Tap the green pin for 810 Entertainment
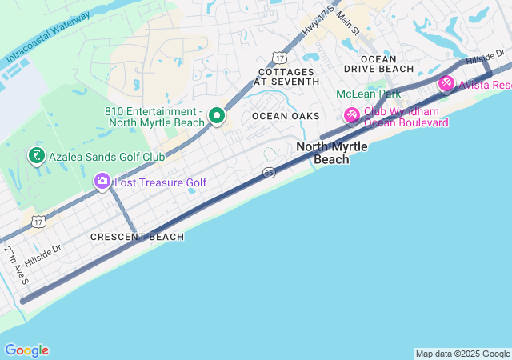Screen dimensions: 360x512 click(216, 116)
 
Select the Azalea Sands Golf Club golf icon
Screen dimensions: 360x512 click(36, 155)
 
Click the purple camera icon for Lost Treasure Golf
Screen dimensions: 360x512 click(102, 182)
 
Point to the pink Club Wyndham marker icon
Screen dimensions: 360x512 click(351, 116)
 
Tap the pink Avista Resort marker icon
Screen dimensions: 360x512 click(446, 83)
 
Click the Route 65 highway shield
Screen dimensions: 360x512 click(269, 173)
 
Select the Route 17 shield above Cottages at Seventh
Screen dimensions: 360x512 click(278, 58)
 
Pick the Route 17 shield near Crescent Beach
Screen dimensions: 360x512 click(39, 220)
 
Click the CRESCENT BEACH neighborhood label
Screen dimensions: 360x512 click(137, 237)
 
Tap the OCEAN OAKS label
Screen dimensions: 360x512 click(286, 116)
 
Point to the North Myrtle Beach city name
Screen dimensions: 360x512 click(331, 153)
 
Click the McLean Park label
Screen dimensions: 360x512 click(368, 94)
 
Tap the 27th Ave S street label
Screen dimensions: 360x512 click(16, 265)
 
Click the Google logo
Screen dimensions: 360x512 click(26, 350)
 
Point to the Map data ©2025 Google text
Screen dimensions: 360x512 click(462, 354)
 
